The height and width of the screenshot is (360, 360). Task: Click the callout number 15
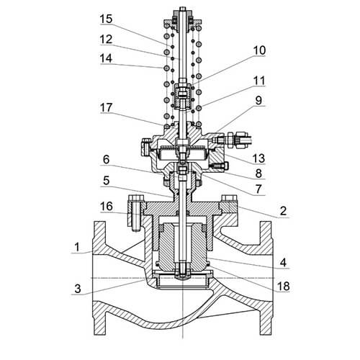(x=106, y=19)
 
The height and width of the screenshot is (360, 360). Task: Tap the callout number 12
(x=106, y=39)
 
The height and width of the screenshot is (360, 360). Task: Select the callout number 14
(x=106, y=58)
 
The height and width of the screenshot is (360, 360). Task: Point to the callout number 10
(x=259, y=50)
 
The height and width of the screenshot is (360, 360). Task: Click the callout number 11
(x=259, y=81)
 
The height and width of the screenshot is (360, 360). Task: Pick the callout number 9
(x=258, y=101)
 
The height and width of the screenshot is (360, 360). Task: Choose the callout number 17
(x=106, y=108)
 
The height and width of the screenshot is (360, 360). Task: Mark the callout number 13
(x=258, y=158)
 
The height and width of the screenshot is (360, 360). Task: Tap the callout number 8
(x=258, y=174)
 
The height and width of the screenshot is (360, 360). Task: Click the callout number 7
(x=258, y=189)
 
